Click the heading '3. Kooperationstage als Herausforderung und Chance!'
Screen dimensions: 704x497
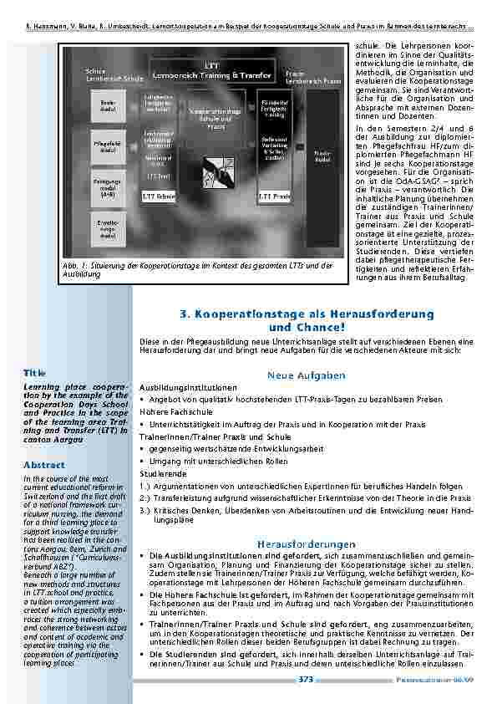tap(307, 319)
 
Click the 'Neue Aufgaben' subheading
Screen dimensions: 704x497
tap(307, 375)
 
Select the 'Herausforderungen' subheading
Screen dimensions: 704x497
tap(307, 543)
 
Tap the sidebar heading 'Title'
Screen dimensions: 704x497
tap(35, 372)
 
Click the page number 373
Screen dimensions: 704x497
tap(306, 680)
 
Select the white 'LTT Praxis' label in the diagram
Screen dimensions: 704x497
tap(275, 196)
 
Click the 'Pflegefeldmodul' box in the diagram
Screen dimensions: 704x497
tap(109, 147)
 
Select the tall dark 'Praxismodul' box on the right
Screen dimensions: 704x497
tap(322, 155)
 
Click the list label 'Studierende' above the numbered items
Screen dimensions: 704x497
tap(160, 472)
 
